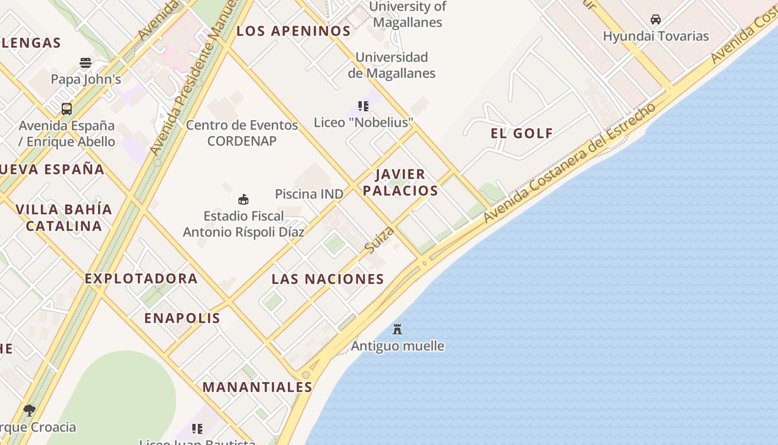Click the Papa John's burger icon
pos(85,63)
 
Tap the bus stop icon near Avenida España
pos(67,109)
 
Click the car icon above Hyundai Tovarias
pos(656,19)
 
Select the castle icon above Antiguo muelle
pos(397,329)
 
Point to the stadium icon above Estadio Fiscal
pos(243,199)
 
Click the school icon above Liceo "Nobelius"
pos(363,106)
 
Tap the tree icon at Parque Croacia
pos(29,411)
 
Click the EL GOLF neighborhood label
pos(522,133)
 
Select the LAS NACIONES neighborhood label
pos(328,279)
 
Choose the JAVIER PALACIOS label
pos(400,182)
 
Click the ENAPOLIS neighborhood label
pos(182,318)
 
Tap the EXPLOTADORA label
pos(141,279)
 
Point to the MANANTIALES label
pos(257,387)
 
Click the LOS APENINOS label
pos(293,31)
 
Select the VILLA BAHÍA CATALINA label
pos(64,217)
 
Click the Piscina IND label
pos(309,194)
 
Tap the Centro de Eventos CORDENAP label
pos(242,133)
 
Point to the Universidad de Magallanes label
pos(392,65)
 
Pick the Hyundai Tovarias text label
pos(656,36)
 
